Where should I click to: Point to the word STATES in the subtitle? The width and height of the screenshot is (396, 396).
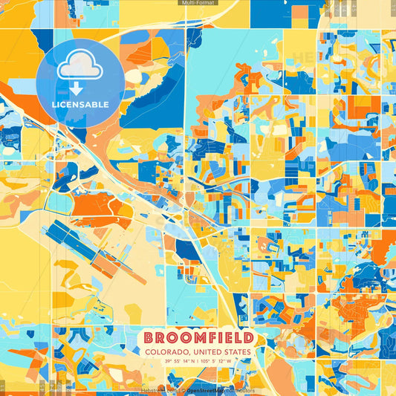[x=236, y=352]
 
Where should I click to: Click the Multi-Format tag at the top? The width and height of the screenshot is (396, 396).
[x=198, y=3]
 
